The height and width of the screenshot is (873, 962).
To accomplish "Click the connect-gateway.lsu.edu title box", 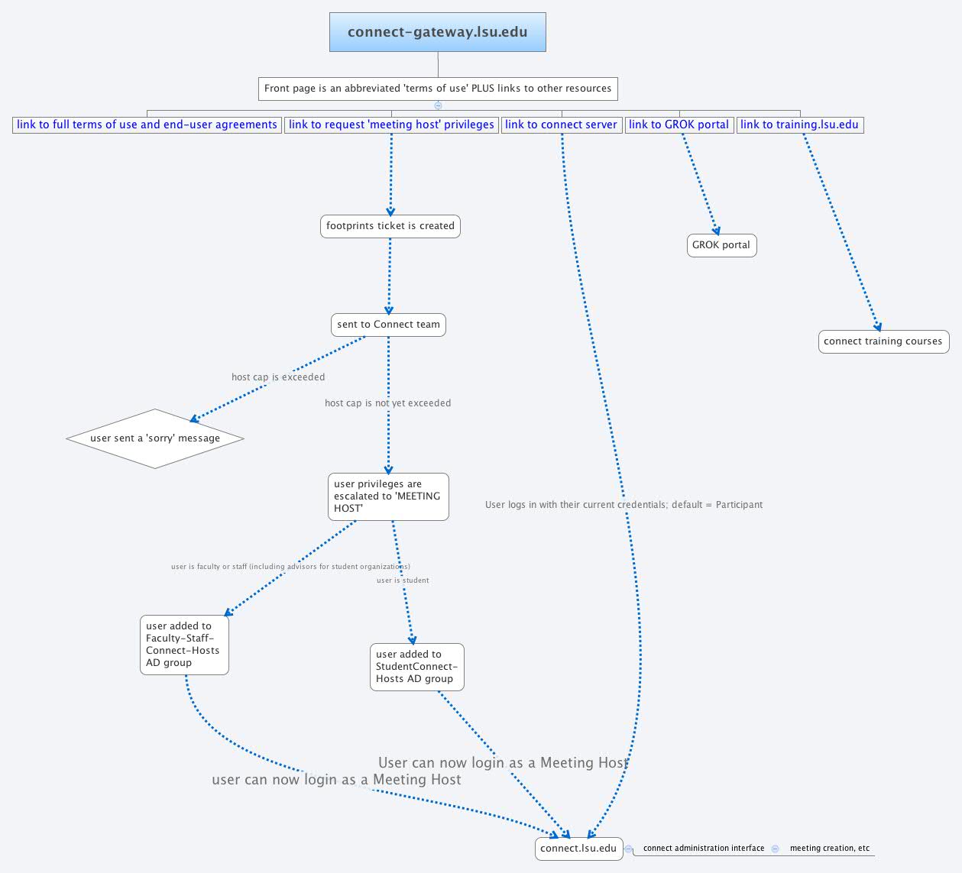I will tap(437, 32).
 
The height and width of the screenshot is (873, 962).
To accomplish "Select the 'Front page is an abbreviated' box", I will tap(438, 89).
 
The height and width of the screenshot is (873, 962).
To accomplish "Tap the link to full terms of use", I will tap(147, 124).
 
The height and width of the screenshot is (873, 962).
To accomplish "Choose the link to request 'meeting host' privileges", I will tap(391, 124).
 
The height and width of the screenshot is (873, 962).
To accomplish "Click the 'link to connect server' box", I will tap(561, 124).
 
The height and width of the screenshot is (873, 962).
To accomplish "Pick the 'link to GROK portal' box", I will tap(679, 124).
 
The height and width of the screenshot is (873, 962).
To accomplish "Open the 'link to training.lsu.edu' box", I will tap(799, 124).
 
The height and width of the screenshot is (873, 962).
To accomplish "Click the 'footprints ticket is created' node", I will tap(390, 226).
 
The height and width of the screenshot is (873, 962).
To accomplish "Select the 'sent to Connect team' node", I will tap(388, 325).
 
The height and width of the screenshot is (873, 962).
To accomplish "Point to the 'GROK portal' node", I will tap(721, 245).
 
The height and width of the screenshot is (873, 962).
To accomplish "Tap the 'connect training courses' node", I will tap(883, 341).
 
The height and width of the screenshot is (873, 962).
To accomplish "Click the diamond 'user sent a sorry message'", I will tap(155, 438).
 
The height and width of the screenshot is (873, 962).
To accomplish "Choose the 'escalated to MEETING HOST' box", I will tap(388, 496).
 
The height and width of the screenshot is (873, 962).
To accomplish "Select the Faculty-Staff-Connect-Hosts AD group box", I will tap(184, 645).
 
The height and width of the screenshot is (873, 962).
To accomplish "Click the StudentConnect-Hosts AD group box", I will tap(416, 667).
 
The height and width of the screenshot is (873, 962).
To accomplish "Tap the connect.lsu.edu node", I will tap(578, 849).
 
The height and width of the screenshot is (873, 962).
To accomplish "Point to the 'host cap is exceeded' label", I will tap(278, 377).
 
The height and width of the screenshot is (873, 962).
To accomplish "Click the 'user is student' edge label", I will tap(403, 580).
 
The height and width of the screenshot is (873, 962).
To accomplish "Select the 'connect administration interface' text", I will tap(704, 849).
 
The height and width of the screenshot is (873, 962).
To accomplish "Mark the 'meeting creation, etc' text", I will tap(830, 849).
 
